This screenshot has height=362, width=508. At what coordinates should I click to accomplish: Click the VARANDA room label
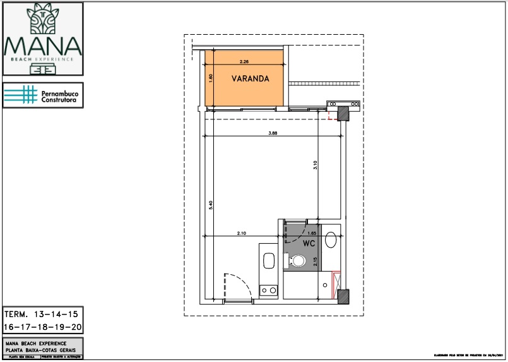(251, 79)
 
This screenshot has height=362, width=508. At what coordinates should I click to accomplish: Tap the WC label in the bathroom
(309, 243)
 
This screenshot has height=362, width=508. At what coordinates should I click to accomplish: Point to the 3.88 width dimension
(273, 133)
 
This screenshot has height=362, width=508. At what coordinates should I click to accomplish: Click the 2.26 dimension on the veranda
(245, 62)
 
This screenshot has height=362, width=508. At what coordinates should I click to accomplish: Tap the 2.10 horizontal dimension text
(241, 234)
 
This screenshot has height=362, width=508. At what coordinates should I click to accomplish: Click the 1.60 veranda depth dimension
(211, 78)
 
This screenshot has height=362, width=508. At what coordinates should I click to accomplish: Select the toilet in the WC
(296, 260)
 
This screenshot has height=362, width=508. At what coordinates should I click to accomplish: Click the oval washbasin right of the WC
(331, 241)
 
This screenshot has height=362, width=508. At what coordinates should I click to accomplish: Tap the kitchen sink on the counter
(268, 261)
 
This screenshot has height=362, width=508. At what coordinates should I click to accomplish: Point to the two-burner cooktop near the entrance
(268, 291)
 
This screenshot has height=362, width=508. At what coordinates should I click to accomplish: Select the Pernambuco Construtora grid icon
(20, 95)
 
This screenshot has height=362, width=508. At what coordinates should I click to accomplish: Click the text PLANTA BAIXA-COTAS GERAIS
(40, 349)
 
